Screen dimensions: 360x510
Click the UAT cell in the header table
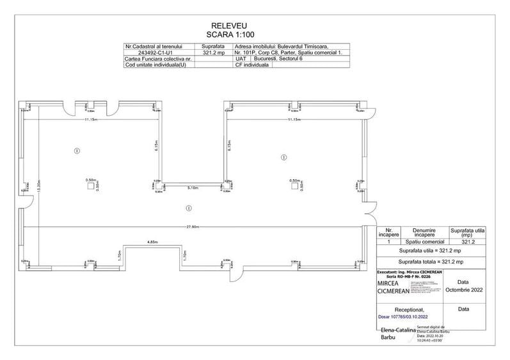(241, 59)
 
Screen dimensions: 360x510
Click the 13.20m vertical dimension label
(39, 190)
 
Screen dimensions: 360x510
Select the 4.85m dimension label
(152, 242)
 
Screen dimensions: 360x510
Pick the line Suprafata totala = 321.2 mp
(433, 262)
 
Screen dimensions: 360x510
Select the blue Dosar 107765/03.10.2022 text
(396, 317)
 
